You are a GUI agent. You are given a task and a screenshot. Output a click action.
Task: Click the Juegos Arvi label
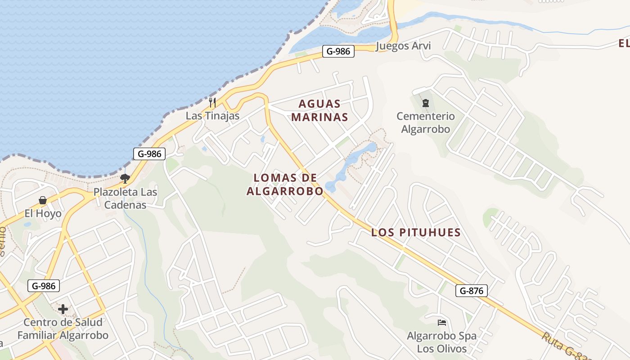[x=403, y=46]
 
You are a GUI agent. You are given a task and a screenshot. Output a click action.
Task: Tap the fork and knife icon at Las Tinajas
[x=212, y=103]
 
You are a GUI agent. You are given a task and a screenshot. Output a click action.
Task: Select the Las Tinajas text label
[x=212, y=116]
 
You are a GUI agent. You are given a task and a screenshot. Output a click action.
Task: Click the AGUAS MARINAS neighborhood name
[x=319, y=111]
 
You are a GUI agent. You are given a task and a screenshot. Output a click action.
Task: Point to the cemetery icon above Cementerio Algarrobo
[x=425, y=103]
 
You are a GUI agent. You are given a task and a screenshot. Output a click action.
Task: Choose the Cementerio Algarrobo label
[x=425, y=123]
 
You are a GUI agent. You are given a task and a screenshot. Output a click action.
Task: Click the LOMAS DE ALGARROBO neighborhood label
[x=285, y=184]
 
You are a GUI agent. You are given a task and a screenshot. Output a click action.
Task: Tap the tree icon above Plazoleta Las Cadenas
[x=125, y=179]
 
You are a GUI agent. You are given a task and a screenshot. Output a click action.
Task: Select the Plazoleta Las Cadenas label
[x=126, y=198]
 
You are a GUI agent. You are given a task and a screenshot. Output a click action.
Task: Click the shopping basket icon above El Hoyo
[x=43, y=200]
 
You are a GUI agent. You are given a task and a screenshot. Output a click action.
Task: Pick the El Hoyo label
[x=43, y=213]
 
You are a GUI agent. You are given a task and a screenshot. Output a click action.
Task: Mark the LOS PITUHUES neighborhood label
[x=416, y=233]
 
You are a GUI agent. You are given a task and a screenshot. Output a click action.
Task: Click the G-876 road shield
[x=472, y=291]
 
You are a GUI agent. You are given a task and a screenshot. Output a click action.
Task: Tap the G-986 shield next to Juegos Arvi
[x=338, y=51]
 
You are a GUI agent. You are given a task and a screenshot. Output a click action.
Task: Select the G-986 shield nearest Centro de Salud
[x=44, y=286]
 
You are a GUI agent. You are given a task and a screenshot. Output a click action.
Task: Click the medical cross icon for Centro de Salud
[x=63, y=309]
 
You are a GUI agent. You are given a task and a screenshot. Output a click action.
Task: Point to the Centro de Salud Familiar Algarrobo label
[x=63, y=329]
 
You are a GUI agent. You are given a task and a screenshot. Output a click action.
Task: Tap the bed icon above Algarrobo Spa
[x=442, y=323]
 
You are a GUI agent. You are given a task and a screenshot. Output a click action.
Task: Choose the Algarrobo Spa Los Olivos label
[x=442, y=342]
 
